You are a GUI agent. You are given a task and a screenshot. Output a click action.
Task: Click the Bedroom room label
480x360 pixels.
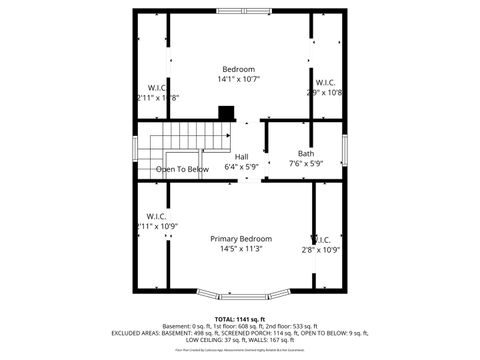[238, 68]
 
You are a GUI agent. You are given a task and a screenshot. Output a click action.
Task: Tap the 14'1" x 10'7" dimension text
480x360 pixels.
[238, 79]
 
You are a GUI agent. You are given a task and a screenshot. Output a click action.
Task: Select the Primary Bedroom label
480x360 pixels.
[241, 239]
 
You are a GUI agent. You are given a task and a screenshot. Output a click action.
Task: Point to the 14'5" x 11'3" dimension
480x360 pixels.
[241, 250]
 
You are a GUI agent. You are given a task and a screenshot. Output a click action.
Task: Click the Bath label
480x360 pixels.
[305, 153]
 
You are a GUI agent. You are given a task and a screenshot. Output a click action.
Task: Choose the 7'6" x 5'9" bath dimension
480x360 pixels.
[305, 164]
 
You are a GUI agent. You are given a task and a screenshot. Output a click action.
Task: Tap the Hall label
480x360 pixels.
[242, 157]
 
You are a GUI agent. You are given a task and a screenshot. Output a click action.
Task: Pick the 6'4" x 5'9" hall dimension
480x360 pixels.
[242, 168]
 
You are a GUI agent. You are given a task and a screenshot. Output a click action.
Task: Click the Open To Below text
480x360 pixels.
[182, 170]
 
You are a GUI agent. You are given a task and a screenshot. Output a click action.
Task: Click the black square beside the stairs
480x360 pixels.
[227, 113]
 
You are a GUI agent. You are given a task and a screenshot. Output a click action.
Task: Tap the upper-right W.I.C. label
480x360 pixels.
[325, 82]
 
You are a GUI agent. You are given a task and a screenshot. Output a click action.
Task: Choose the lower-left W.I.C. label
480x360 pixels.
[156, 216]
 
